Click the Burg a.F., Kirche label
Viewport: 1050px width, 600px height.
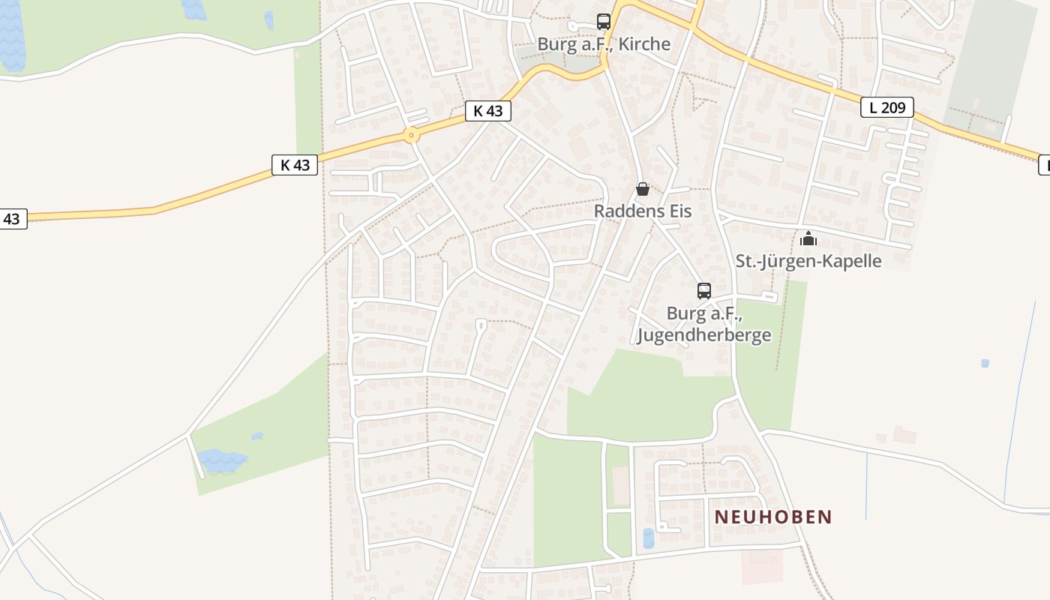604,43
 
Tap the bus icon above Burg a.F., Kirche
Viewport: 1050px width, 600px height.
604,21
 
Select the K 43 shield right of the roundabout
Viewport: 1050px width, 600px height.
488,111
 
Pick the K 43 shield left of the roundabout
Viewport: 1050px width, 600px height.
295,165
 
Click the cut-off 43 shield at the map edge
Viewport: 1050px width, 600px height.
12,219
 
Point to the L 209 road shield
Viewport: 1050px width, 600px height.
887,107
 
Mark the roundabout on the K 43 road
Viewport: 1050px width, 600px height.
410,136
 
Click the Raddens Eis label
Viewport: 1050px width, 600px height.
643,211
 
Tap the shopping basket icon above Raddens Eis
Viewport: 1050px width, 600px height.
643,189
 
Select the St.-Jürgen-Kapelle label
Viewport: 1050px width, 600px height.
808,261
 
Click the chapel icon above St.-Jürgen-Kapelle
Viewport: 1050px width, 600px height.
808,239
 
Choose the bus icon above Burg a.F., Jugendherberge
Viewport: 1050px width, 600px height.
703,291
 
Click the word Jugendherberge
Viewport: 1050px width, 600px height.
703,334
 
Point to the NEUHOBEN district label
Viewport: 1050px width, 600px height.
773,517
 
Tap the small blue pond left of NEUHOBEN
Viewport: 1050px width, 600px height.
649,538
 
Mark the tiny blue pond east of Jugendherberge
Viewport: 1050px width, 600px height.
985,363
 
